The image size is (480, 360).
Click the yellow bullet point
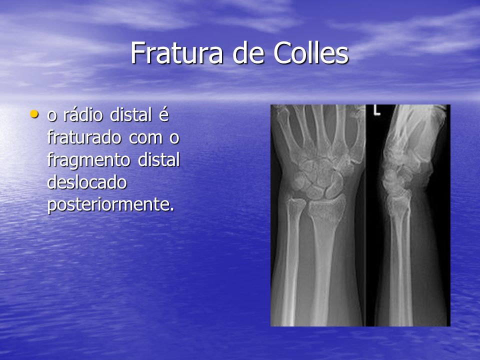tap(34, 114)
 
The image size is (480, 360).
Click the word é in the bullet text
tap(164, 115)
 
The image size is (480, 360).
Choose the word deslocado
tap(87, 182)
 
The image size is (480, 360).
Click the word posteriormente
tap(111, 205)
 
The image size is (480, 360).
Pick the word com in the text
tap(145, 138)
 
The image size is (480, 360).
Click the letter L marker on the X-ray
tap(377, 110)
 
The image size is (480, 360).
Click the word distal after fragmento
tap(158, 160)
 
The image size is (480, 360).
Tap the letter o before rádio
tap(52, 116)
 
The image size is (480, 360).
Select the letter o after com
tap(174, 138)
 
